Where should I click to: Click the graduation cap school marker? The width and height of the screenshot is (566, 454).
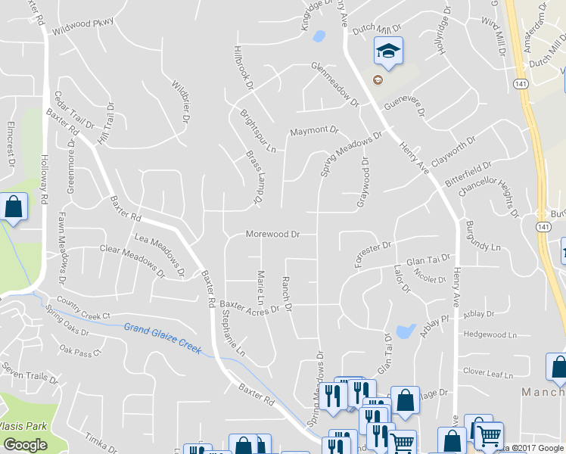tap(388, 51)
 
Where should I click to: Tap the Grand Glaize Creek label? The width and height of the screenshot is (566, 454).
tap(163, 338)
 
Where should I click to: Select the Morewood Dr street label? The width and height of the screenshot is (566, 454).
tap(272, 235)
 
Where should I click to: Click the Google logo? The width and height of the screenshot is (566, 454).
tap(24, 445)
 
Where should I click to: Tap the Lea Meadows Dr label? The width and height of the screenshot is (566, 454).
tap(159, 254)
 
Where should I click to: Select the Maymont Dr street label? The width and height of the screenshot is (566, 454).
tap(314, 132)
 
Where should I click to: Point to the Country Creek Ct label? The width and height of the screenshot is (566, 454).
tap(77, 310)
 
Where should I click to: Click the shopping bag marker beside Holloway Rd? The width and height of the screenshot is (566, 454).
tap(14, 207)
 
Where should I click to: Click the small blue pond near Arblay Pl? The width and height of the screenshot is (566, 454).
tap(406, 331)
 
